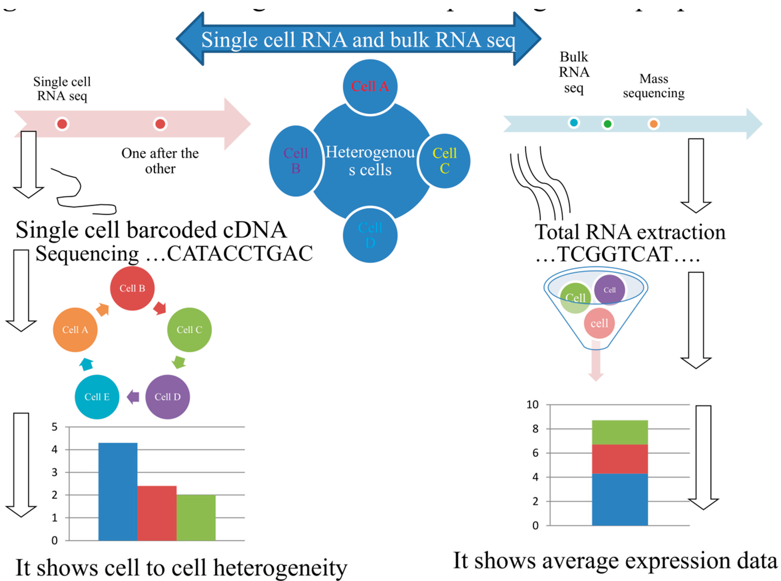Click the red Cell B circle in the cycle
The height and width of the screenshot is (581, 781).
132,288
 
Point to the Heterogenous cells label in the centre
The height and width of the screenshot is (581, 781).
370,161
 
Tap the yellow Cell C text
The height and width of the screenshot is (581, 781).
445,161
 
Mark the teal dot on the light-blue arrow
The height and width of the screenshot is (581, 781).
574,123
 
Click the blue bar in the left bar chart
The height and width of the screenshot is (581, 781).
118,492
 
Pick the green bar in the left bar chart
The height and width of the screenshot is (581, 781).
196,518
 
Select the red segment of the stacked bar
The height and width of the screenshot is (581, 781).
620,459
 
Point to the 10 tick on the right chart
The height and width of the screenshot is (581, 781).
532,405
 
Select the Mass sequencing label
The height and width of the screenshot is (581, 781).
653,86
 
